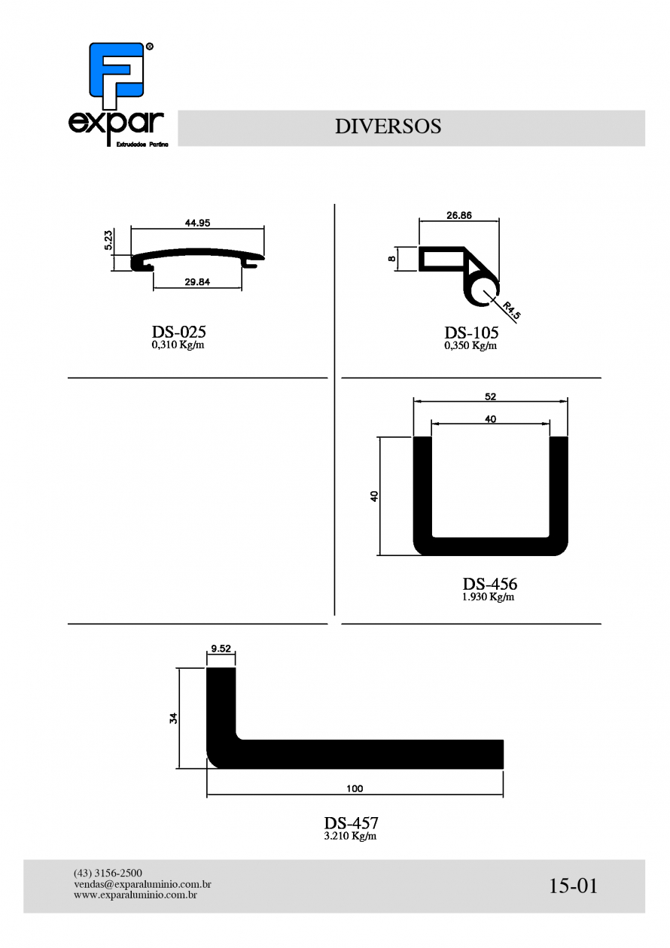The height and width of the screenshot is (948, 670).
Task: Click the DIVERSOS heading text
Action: [x=388, y=126]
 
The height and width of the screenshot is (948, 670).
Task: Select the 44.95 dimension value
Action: [x=197, y=223]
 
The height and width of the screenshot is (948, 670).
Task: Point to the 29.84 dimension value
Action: [x=197, y=282]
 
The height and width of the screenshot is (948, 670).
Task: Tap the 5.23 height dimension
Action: [x=108, y=240]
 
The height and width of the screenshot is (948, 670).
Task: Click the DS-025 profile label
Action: [x=178, y=331]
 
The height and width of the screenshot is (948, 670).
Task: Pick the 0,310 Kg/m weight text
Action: [x=178, y=345]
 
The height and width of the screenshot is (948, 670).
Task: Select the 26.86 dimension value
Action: [x=459, y=215]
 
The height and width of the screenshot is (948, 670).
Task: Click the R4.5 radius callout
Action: [x=512, y=309]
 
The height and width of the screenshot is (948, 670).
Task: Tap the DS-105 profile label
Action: [x=471, y=333]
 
